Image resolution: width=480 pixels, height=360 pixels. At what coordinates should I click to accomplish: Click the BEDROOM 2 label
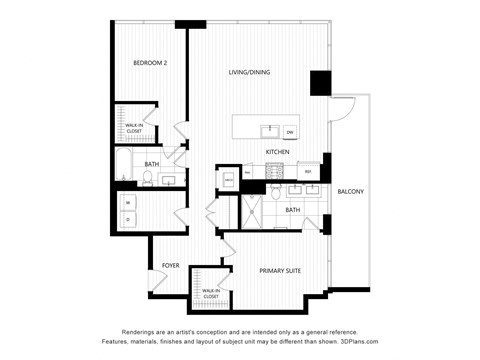pos(150,64)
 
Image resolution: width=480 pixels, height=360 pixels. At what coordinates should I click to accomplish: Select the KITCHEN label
pos(278,152)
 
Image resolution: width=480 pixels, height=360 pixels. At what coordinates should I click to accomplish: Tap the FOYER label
pos(170,265)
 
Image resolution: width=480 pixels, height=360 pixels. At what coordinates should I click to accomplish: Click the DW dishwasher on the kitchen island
pos(290,131)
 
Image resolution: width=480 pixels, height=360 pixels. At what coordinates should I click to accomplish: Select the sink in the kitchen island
pos(267,130)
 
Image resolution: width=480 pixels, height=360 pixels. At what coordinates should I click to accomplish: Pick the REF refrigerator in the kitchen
pos(309,173)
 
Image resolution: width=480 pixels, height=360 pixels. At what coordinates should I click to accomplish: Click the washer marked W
pos(128,204)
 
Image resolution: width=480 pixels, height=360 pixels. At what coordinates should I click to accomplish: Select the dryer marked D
pos(128,219)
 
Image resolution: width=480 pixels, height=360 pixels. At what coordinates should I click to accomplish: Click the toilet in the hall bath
pos(146,179)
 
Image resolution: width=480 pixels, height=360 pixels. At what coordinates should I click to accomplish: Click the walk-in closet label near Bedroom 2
pos(134,128)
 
